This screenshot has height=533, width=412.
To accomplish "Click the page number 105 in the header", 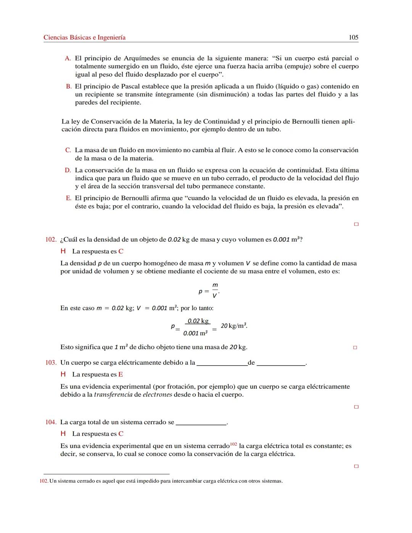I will click(353, 37).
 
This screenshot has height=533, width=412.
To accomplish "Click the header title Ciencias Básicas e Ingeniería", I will click(84, 37).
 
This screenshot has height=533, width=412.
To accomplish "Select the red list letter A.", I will click(68, 58).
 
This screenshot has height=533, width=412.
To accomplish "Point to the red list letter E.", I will click(68, 198).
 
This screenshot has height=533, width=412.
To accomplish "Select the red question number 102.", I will click(51, 240).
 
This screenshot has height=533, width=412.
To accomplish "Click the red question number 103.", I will click(51, 362).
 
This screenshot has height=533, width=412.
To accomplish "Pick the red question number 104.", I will click(51, 422).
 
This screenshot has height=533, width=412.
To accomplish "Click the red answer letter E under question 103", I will click(121, 375).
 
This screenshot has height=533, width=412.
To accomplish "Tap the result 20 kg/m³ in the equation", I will click(234, 326).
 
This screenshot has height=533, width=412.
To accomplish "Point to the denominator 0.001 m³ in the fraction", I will click(195, 333).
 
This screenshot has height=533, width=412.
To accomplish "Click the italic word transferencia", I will click(113, 395).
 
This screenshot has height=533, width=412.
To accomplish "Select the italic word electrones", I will click(157, 395).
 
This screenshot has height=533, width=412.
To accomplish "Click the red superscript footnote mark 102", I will click(233, 444).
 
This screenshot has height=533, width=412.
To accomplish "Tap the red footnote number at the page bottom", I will click(44, 481).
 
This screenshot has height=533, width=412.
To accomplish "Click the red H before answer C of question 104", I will click(63, 434).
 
